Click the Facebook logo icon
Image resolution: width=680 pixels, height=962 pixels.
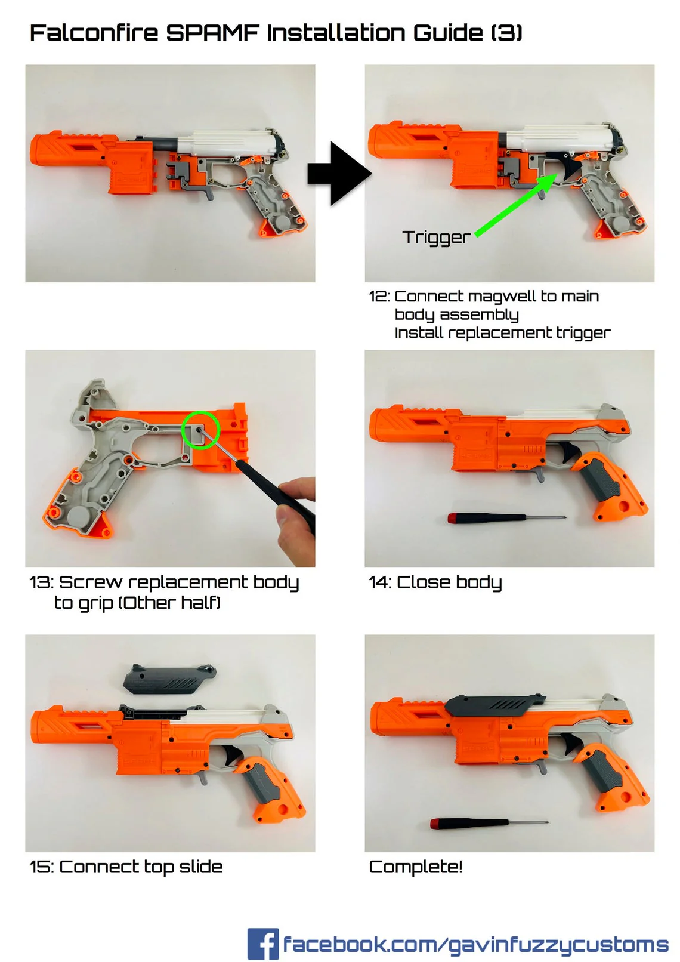tap(262, 943)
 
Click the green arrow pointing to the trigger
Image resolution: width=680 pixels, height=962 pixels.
tap(517, 205)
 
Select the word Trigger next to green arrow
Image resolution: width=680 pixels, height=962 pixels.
tap(436, 237)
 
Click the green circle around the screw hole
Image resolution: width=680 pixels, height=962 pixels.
tap(200, 430)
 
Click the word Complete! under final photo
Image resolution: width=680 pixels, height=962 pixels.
tap(416, 867)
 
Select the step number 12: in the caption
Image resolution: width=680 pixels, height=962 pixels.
tap(379, 297)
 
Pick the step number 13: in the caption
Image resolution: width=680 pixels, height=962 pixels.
tap(41, 582)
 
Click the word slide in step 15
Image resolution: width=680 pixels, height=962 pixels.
tap(200, 867)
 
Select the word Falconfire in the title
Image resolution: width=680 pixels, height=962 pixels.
tap(94, 33)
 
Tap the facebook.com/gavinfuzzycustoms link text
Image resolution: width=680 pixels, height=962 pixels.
tap(475, 945)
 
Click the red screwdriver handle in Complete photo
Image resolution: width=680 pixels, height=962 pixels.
tap(438, 824)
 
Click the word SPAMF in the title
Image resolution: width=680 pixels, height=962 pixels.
tap(212, 33)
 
